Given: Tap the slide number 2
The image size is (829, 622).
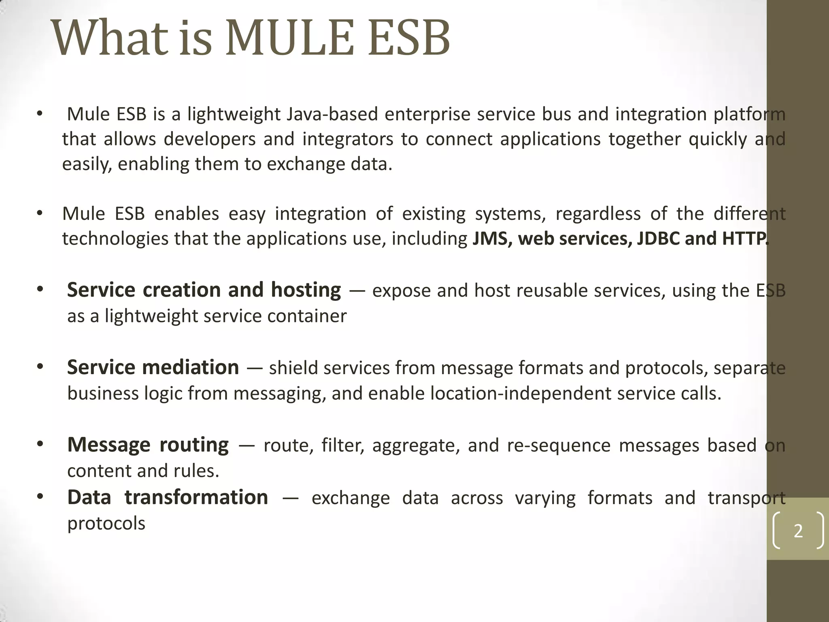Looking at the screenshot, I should (x=798, y=531).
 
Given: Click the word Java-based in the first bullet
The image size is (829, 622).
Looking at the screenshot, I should (x=332, y=114).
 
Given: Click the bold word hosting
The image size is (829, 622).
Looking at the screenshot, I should (x=306, y=290).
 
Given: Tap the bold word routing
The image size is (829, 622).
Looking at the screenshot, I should (x=194, y=445).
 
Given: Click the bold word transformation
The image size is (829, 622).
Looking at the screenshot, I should (x=196, y=498).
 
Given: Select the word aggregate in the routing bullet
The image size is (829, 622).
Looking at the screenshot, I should (x=416, y=446).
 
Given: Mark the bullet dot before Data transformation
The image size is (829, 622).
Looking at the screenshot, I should (x=40, y=496).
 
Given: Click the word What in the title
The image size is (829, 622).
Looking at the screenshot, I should (x=109, y=38).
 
